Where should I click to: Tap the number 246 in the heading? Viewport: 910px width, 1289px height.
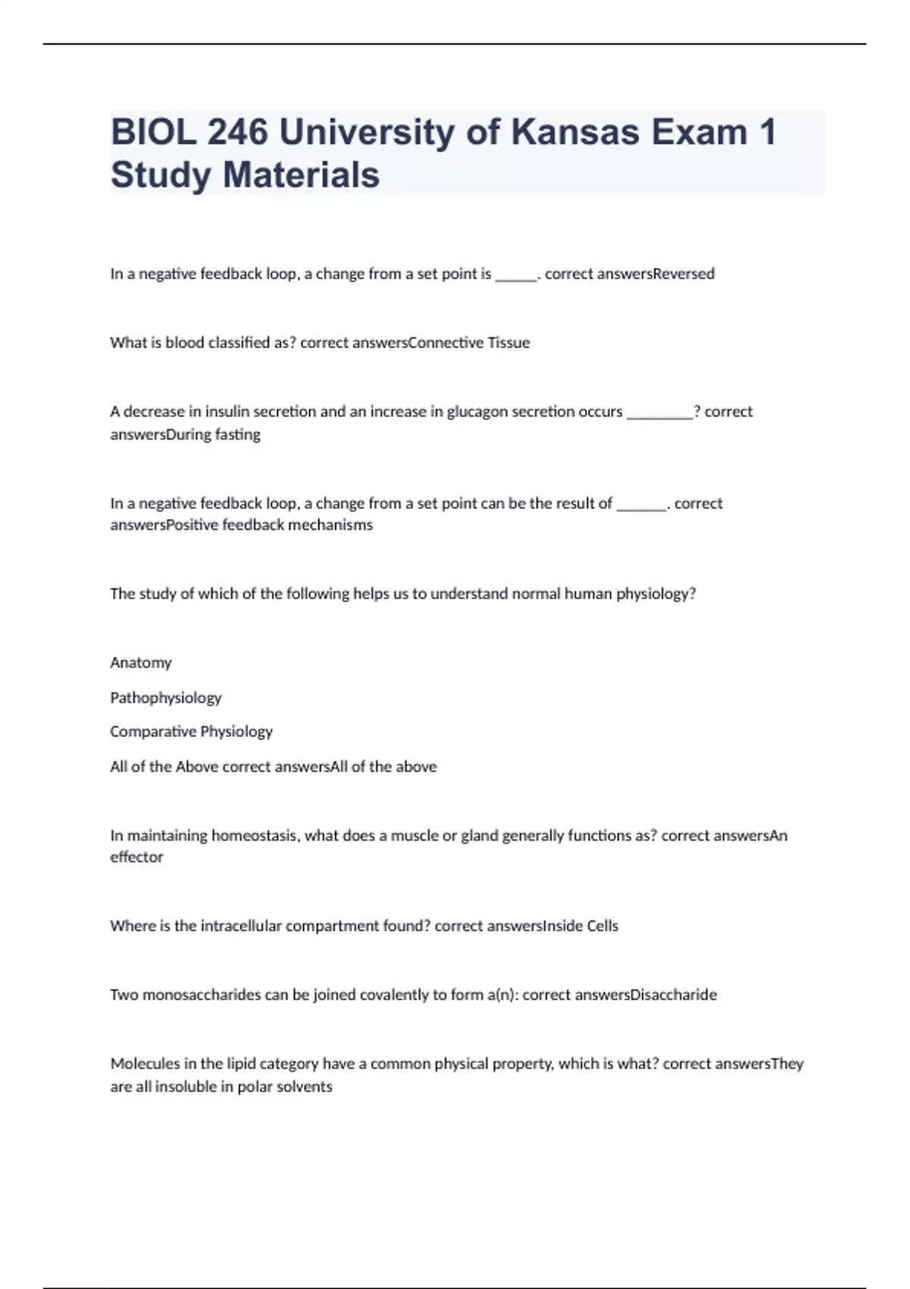(x=237, y=132)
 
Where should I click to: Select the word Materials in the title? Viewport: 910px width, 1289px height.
(x=301, y=174)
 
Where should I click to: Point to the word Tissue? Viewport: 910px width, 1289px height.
(x=508, y=343)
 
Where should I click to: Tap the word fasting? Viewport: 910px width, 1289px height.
(x=237, y=434)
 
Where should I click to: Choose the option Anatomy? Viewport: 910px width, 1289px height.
(x=141, y=663)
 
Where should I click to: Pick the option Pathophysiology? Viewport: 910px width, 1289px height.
(x=166, y=698)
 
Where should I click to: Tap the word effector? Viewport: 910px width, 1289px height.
(x=136, y=857)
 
